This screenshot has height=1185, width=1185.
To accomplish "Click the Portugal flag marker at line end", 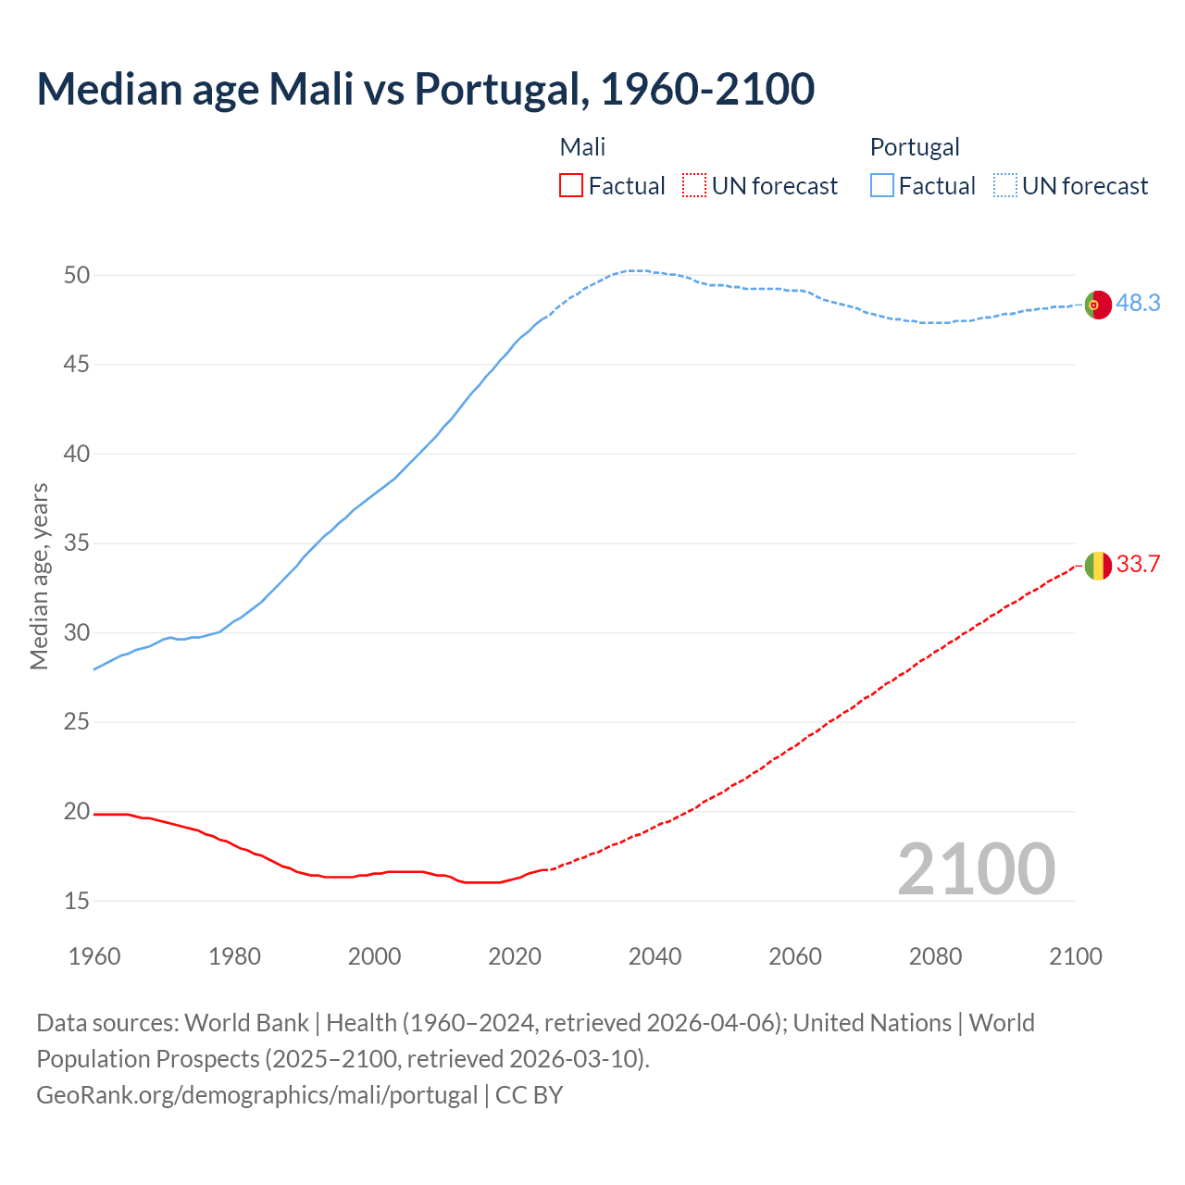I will click(1098, 304).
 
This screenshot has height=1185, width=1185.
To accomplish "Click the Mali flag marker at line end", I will click(1098, 565).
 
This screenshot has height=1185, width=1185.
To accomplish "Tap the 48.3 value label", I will click(1138, 304).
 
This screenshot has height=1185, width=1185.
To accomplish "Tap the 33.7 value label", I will click(1138, 565).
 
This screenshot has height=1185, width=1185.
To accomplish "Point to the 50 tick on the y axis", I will click(77, 275).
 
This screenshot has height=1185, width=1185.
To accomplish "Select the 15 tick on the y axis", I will click(77, 901).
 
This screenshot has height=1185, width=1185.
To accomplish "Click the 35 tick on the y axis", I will click(77, 543).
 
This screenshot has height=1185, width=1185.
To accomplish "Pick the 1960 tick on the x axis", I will click(94, 956).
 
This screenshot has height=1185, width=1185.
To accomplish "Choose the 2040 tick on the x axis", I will click(655, 956).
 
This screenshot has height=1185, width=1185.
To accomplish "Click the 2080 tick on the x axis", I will click(935, 956).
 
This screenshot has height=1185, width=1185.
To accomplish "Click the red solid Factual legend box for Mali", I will click(571, 186).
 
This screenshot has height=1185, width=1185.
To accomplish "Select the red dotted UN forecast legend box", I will click(694, 186).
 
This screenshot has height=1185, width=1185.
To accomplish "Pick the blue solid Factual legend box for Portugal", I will click(882, 186).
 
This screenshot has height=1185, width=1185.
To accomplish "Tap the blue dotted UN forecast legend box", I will click(1005, 186).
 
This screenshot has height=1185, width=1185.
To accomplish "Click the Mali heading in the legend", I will click(582, 147).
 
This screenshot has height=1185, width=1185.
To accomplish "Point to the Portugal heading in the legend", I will click(915, 147).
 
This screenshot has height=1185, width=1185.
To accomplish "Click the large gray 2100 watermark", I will click(976, 868).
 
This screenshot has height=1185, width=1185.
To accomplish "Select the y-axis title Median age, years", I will click(39, 576).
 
